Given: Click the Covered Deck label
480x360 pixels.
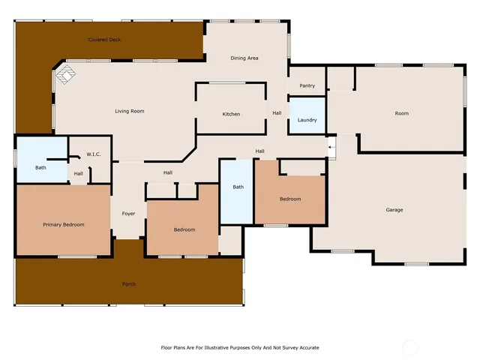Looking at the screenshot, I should coord(104,39).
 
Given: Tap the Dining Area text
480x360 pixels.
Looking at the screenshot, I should coord(244,58).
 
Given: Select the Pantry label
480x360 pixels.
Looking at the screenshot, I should coord(307,86).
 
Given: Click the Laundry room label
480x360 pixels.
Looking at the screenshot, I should coord(307,120).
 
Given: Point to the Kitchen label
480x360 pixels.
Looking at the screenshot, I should coord(231,114).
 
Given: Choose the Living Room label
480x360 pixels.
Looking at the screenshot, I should coord(129,111).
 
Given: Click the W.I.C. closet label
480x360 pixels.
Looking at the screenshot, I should coord(94,154).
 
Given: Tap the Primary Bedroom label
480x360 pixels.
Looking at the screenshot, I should coord(63,224).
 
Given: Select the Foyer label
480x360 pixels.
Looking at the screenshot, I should coord(128,214).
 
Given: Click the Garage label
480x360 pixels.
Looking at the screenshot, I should coord(394,210).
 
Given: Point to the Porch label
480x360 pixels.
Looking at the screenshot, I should coord(129,284).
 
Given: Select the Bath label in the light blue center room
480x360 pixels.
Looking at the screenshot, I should coord(238,187).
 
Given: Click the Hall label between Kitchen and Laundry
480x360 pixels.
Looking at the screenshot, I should coord(277,113).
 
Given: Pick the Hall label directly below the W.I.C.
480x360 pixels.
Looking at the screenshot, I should coord(79,174).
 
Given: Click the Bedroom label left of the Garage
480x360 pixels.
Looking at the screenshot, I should coord(290,199).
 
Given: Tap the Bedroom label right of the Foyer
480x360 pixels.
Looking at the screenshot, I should coord(184,229).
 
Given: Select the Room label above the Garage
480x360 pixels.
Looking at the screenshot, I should coord(402,113).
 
